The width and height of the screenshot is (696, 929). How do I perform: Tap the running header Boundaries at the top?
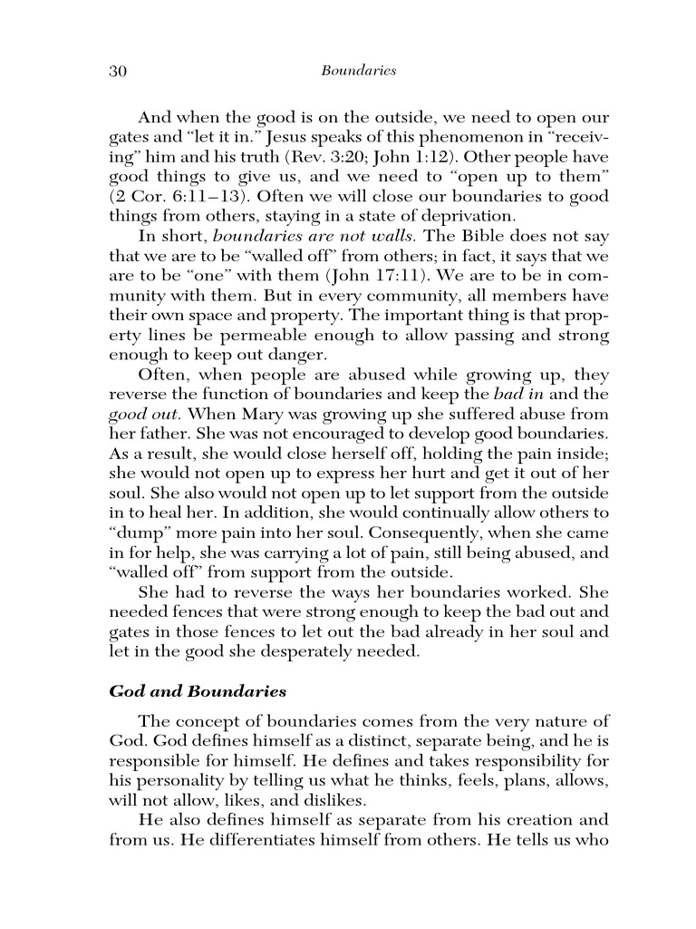pos(359,71)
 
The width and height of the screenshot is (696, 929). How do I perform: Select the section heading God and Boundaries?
pos(198,691)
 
